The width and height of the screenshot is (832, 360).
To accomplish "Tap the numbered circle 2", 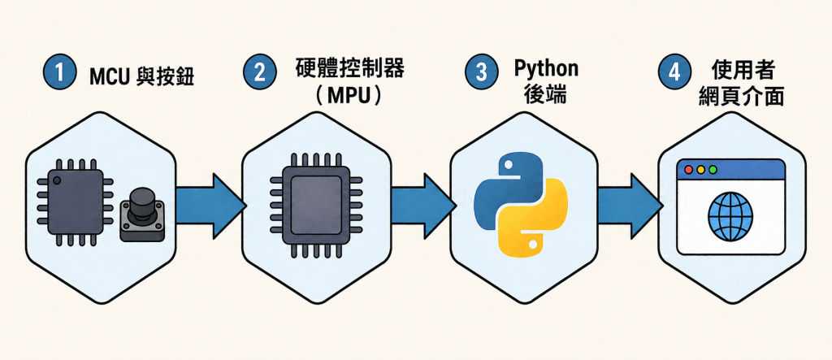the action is point(259,72).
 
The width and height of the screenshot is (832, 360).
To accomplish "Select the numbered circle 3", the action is point(481,72).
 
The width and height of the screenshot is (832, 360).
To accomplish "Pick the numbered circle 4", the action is point(674,72).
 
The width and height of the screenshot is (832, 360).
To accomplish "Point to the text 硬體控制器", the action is point(349,70).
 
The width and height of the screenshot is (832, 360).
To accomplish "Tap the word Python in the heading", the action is point(545,69).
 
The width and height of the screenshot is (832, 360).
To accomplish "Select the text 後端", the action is point(545,96).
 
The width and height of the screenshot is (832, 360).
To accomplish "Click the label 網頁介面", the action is point(741,97).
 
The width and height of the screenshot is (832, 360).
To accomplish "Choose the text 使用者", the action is point(742,71).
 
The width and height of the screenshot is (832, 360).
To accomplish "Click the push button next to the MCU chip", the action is point(141,214).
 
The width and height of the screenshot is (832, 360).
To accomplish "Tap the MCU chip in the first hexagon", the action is point(75,202).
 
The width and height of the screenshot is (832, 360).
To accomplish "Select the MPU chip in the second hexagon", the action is point(316,205).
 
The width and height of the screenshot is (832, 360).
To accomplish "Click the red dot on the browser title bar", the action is point(689,170).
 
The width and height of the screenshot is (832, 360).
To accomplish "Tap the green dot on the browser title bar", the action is point(713,170).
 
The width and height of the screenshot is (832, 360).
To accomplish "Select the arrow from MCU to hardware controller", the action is point(210,205).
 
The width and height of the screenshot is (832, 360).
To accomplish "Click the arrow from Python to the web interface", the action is point(630,205).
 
